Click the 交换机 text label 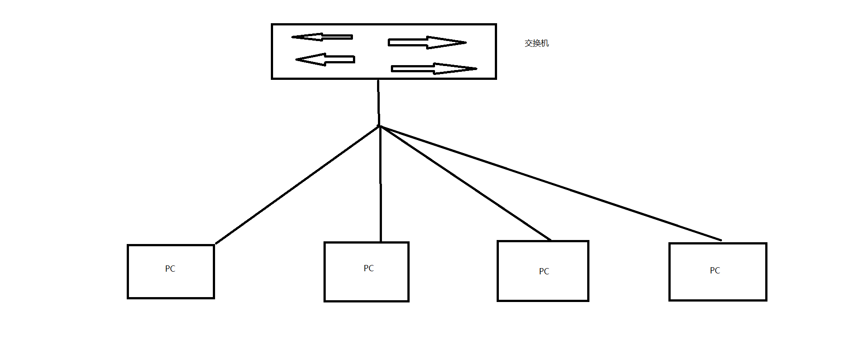tap(536, 43)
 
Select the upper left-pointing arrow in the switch tap(322, 37)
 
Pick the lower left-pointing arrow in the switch tap(326, 59)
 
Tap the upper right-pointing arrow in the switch tap(427, 43)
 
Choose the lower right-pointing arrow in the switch tap(434, 69)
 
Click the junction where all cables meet tap(379, 126)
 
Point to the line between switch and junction tap(378, 103)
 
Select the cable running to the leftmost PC tap(297, 185)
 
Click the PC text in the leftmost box tap(170, 269)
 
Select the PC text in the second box tap(369, 268)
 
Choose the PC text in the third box tap(544, 271)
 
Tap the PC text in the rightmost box tap(715, 270)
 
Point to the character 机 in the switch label tap(545, 43)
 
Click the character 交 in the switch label tap(528, 43)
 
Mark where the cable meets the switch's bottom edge tap(378, 79)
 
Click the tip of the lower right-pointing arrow tap(477, 69)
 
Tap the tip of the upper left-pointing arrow tap(293, 37)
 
